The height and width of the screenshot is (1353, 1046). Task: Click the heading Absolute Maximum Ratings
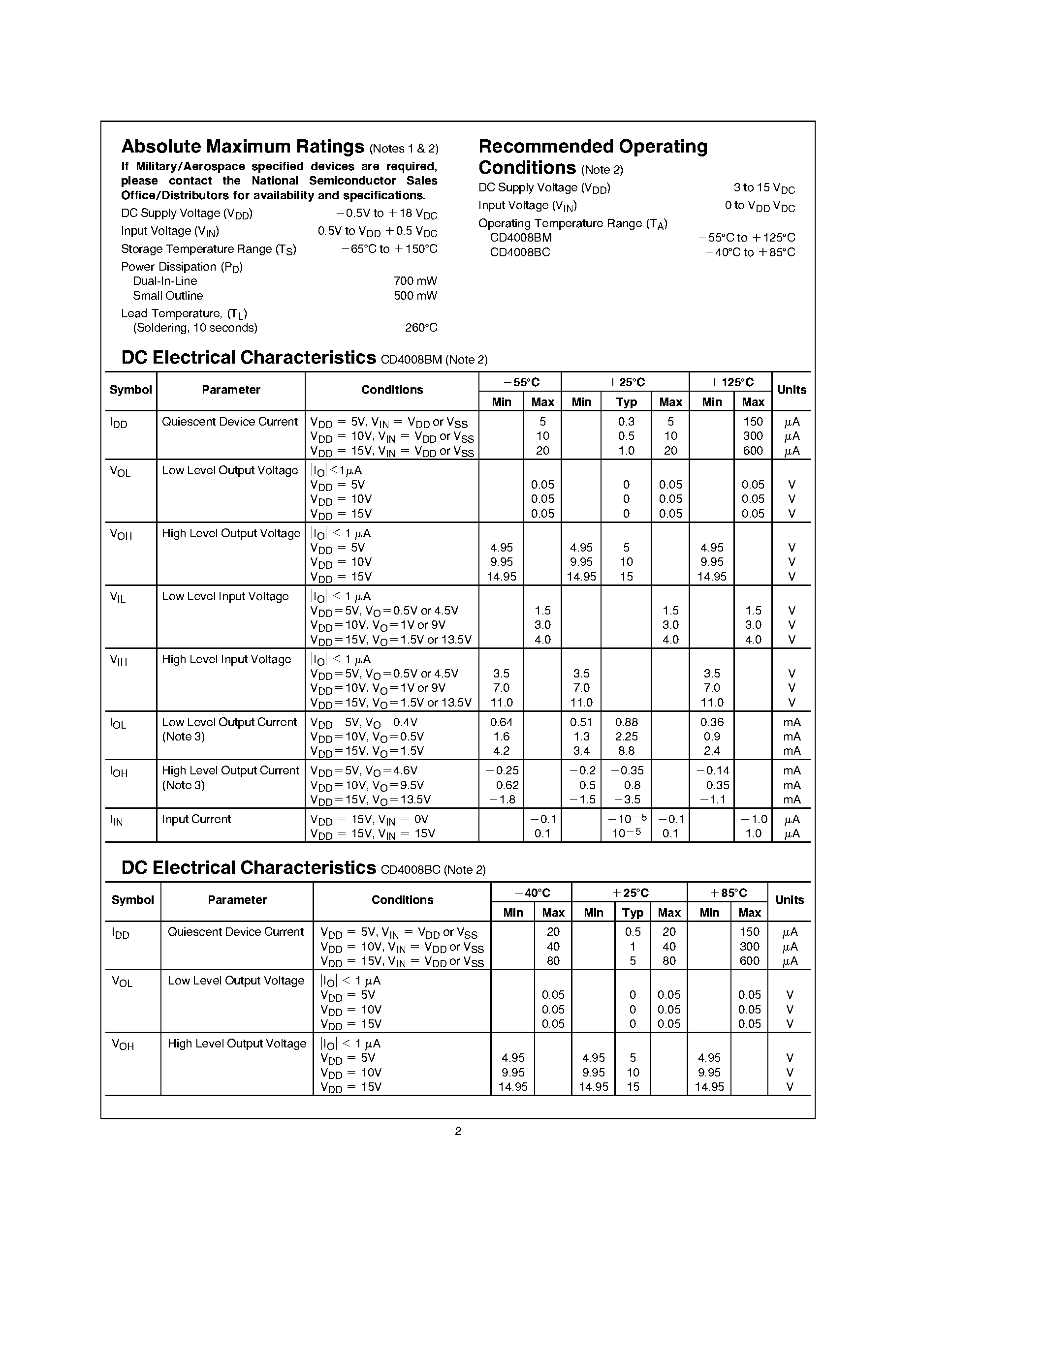pos(242,147)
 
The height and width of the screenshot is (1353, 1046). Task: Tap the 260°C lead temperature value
pos(421,328)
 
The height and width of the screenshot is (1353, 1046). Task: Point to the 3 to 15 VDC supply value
pos(764,188)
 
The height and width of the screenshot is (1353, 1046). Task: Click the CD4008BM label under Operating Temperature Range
pos(520,238)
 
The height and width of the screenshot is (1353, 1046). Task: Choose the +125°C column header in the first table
pos(731,382)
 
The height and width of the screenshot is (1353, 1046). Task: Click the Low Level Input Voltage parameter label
pos(225,597)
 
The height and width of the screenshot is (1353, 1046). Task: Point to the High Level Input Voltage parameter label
pos(226,660)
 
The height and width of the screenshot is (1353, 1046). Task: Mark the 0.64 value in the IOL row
pos(501,722)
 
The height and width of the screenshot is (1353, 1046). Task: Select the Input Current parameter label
pos(196,820)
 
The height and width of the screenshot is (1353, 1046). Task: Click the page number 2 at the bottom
pos(458,1131)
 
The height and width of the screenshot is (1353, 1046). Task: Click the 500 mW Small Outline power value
pos(415,296)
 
